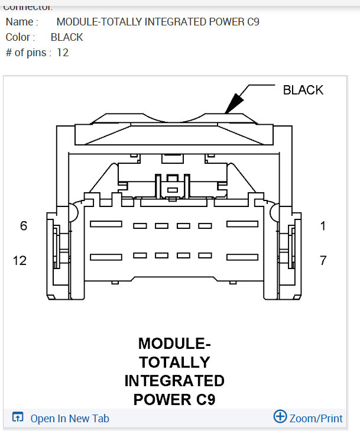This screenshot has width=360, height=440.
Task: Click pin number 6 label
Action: pos(24,226)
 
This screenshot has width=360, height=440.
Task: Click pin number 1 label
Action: pos(323,226)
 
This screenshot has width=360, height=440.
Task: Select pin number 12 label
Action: pos(20,260)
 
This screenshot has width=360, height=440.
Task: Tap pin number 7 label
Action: pos(323,260)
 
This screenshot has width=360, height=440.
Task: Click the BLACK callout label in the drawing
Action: pos(303,90)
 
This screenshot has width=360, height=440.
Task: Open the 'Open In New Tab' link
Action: pos(70,418)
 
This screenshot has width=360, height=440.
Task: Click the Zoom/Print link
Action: pos(316,418)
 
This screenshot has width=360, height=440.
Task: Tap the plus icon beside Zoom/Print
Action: pos(280,417)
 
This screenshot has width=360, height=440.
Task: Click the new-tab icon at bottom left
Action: pos(18,418)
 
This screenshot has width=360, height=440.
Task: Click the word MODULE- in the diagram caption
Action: pos(174,343)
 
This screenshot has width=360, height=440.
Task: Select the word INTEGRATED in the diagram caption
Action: pos(174,380)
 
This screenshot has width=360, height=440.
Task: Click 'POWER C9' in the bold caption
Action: pos(174,399)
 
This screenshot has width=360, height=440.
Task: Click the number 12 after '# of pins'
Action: pos(63,53)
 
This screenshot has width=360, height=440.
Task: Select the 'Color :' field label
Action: pos(20,37)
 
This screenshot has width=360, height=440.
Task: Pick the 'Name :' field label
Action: pos(22,22)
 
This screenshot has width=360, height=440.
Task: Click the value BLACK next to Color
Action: pos(67,37)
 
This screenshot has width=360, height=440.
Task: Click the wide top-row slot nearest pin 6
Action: pos(106,225)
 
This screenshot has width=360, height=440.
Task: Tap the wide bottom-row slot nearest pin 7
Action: pos(242,257)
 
